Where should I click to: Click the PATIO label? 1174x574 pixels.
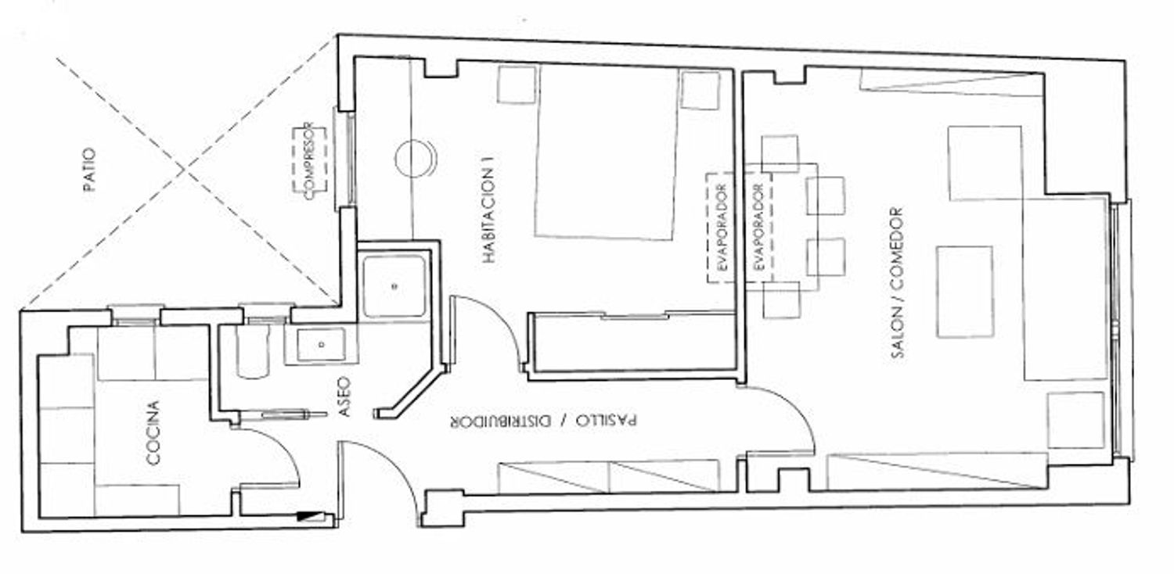click(90, 170)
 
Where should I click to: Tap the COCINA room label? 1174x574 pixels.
click(153, 432)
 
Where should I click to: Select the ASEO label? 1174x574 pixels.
click(344, 396)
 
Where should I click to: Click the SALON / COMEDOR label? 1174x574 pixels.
click(897, 283)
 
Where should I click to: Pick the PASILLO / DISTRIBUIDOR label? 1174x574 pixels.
click(544, 421)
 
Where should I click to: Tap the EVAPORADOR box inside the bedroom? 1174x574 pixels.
click(723, 228)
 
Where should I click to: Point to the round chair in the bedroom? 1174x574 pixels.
click(414, 158)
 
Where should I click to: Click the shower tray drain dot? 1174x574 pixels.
click(394, 286)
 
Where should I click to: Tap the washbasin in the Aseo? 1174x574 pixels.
click(321, 345)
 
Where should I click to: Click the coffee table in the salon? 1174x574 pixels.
click(965, 292)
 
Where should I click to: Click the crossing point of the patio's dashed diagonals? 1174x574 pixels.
click(185, 168)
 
